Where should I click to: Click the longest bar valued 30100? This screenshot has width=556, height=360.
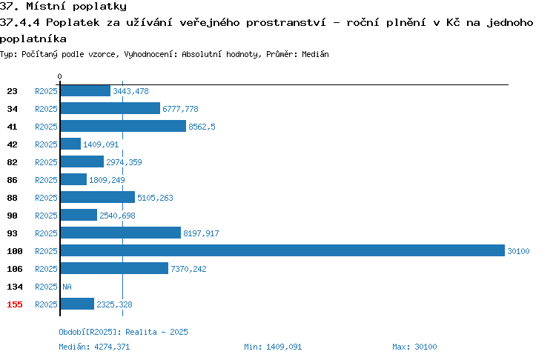pyautogui.click(x=282, y=250)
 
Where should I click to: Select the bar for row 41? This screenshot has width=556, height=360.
pyautogui.click(x=123, y=126)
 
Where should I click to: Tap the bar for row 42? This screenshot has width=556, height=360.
pyautogui.click(x=70, y=144)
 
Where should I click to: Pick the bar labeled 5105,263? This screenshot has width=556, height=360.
pyautogui.click(x=98, y=197)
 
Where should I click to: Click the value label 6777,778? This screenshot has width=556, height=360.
pyautogui.click(x=180, y=109)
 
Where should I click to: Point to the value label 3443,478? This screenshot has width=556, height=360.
pyautogui.click(x=130, y=91)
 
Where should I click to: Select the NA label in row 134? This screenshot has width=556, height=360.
pyautogui.click(x=67, y=287)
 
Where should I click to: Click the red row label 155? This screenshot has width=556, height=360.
pyautogui.click(x=15, y=304)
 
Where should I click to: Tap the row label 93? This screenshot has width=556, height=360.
pyautogui.click(x=12, y=233)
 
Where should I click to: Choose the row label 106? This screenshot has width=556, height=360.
pyautogui.click(x=15, y=269)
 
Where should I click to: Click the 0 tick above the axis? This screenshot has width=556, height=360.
pyautogui.click(x=59, y=76)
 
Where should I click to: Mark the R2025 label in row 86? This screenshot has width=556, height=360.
pyautogui.click(x=46, y=180)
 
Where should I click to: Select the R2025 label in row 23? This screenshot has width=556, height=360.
pyautogui.click(x=46, y=91)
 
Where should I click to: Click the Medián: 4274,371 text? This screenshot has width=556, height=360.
pyautogui.click(x=94, y=347)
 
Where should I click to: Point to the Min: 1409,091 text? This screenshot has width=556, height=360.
pyautogui.click(x=273, y=347)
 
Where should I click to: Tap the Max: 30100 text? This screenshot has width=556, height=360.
pyautogui.click(x=414, y=347)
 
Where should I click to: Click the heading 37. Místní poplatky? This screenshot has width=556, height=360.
pyautogui.click(x=63, y=6)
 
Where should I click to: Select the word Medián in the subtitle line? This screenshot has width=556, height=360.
pyautogui.click(x=315, y=54)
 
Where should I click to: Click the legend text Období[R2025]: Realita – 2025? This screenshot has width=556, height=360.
pyautogui.click(x=123, y=332)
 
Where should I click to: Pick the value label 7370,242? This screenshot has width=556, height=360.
pyautogui.click(x=188, y=269)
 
